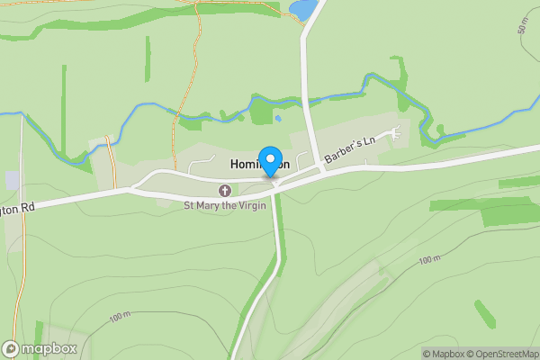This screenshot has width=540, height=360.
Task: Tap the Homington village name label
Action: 259,165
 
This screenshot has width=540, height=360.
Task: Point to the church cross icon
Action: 225,190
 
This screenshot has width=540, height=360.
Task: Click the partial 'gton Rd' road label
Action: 17,207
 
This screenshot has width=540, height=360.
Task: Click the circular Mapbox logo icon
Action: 11,348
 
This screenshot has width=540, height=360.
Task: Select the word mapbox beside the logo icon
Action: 49,348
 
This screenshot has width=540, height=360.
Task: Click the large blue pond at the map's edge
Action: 302,9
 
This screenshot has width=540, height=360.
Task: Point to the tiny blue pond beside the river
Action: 277,117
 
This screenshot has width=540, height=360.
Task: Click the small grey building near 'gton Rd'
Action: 13,180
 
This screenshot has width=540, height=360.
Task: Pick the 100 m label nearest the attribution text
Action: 429,260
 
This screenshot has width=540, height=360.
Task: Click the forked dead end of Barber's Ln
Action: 394,135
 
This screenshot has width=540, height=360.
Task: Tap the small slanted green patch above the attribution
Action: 485,314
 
